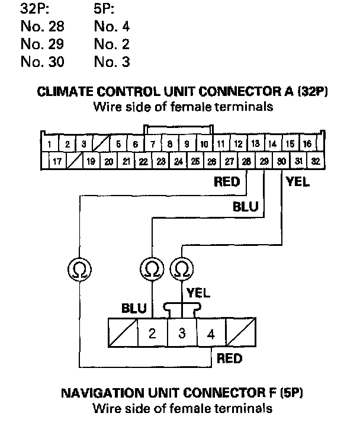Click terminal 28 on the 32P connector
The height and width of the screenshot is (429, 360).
[x=246, y=161]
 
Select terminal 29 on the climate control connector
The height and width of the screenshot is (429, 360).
[x=264, y=161]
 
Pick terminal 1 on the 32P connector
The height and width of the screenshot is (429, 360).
[x=50, y=144]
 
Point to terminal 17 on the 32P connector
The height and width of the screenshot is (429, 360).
[x=57, y=161]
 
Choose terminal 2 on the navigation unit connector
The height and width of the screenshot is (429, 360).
[x=152, y=333]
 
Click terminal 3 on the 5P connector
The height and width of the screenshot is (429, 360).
[x=182, y=333]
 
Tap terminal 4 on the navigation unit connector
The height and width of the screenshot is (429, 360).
[x=211, y=333]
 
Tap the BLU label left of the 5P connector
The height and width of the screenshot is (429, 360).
[x=134, y=309]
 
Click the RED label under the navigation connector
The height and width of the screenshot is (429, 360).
[x=230, y=358]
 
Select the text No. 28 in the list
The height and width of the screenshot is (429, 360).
[x=42, y=27]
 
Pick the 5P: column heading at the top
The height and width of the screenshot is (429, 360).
[x=105, y=9]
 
